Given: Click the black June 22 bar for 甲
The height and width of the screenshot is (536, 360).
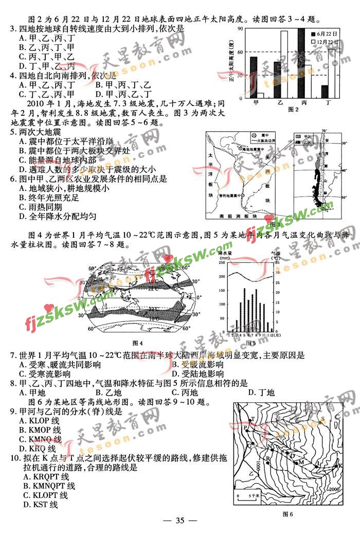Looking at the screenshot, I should click(x=254, y=77).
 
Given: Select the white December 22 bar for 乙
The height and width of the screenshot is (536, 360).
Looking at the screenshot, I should click(x=284, y=64).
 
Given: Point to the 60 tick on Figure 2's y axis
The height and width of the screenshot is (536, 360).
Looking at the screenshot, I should click(x=240, y=52).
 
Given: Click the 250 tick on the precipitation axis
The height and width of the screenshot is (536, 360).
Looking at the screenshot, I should click(x=222, y=262).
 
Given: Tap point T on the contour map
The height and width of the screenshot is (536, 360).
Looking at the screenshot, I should click(x=253, y=420).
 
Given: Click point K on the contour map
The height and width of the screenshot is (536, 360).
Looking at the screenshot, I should click(x=340, y=466).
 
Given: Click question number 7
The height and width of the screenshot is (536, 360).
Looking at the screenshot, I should click(x=12, y=355).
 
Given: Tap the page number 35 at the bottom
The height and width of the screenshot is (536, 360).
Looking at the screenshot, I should click(x=179, y=520).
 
